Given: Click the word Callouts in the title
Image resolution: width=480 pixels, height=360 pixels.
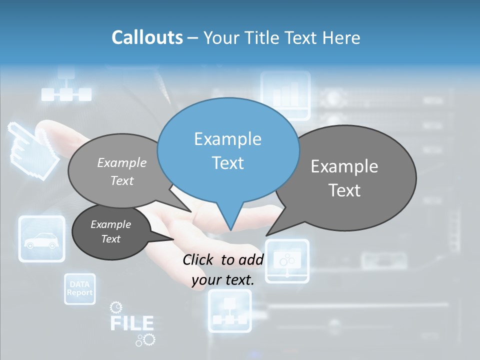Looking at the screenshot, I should pos(147,37).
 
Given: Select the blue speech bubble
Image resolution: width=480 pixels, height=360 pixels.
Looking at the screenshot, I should pos(228,150).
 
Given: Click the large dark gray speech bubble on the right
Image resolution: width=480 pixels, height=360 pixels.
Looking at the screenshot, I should pos(350,177).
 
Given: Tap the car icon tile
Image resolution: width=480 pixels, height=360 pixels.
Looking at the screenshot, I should pos(42,239).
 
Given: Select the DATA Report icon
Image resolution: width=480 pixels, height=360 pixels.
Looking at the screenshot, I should pos(79,289).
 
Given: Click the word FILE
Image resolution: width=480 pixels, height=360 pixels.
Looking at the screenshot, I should pos(131,323).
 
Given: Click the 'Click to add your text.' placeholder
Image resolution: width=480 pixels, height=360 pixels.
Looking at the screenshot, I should pos(223,270).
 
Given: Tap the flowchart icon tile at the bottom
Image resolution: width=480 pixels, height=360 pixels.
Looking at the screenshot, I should pos(229,311).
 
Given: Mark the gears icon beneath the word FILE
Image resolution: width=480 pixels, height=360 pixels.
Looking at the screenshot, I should pos(145,340).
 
